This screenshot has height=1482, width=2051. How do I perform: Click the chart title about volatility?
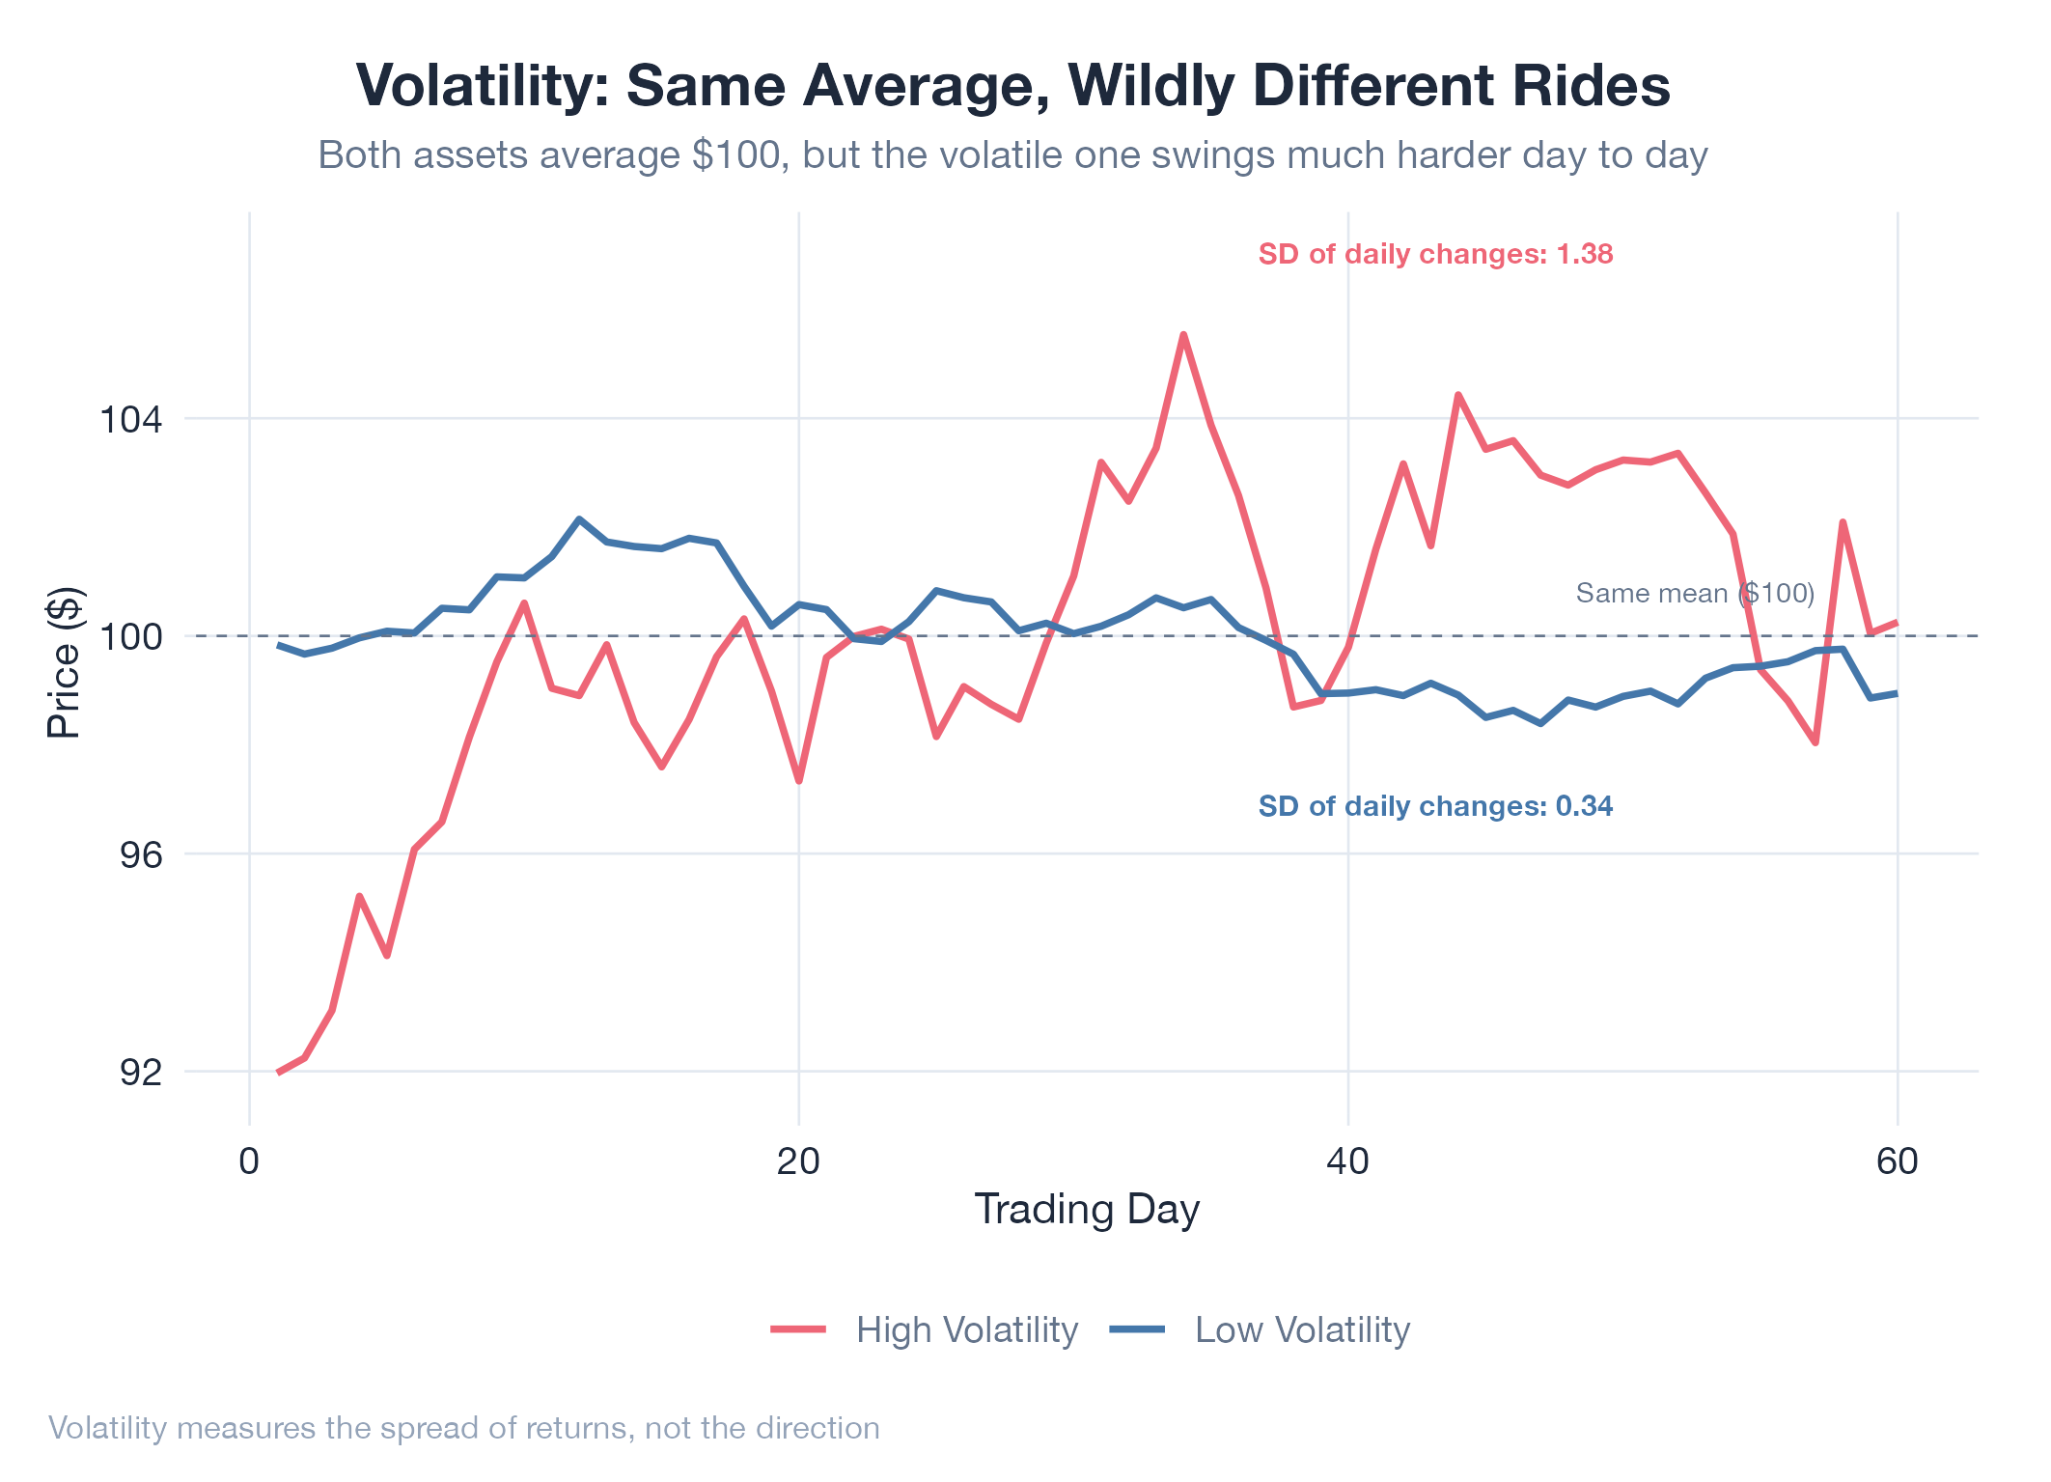tap(1012, 85)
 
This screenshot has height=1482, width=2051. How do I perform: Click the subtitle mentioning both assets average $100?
tap(1012, 155)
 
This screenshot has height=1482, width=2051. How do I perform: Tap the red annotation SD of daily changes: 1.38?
tap(1435, 254)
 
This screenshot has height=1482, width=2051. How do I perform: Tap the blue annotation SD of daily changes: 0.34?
tap(1435, 806)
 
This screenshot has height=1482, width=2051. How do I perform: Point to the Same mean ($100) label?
tap(1695, 593)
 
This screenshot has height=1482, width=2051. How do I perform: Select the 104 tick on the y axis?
tap(131, 420)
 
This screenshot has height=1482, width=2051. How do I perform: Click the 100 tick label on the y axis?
tap(131, 637)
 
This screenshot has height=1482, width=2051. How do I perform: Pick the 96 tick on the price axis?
tap(142, 854)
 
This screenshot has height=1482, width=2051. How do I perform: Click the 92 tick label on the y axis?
tap(142, 1072)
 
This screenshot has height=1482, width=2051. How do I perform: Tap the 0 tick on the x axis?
tap(250, 1160)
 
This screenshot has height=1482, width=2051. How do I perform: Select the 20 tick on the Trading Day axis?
tap(799, 1160)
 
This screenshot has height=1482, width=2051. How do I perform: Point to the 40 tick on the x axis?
tap(1348, 1160)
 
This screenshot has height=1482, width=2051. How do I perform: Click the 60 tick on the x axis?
tap(1898, 1160)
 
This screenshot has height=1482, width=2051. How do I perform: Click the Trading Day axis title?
tap(1087, 1210)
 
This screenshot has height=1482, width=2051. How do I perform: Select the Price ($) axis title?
tap(65, 663)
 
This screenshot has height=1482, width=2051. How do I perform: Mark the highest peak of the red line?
tap(1183, 334)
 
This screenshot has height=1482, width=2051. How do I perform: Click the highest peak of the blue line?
tap(578, 518)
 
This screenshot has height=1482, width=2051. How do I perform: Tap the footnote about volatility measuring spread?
tap(464, 1428)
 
